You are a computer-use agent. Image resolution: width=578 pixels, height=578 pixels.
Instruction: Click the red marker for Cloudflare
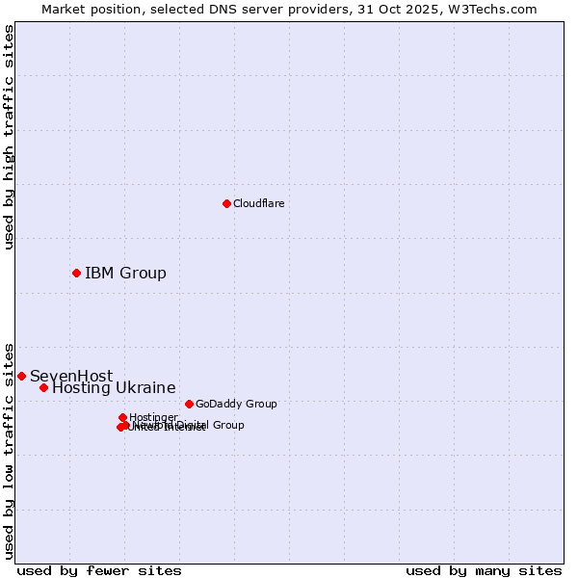pos(226,203)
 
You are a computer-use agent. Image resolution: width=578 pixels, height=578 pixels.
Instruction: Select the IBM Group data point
pos(76,273)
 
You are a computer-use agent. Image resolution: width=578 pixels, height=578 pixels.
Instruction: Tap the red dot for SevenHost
pos(21,376)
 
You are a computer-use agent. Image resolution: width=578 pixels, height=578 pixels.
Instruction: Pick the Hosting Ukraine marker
pos(43,387)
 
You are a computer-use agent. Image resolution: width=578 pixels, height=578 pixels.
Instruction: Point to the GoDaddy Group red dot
pos(189,404)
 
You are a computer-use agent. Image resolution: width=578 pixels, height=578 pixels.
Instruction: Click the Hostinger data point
pos(123,417)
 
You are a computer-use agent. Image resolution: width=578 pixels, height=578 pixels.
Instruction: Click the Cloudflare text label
pos(258,203)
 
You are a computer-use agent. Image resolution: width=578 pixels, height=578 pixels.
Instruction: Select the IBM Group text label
pos(125,273)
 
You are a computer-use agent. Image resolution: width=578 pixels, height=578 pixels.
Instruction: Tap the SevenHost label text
pos(71,376)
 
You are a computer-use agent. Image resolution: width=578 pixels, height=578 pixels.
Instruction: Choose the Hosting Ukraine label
pos(114,387)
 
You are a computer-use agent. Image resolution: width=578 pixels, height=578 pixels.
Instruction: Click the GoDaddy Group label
pos(236,404)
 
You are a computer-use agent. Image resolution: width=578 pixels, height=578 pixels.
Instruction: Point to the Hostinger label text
pos(153,417)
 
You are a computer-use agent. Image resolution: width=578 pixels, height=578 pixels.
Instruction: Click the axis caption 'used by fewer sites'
pos(99,570)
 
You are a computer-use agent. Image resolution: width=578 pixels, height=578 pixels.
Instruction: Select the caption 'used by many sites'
pos(484,570)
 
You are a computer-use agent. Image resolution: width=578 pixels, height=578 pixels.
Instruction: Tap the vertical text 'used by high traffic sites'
pos(10,137)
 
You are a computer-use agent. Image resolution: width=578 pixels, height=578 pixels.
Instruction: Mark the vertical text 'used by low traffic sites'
pos(10,450)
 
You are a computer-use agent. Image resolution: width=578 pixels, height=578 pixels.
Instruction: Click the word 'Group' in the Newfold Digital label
pos(227,425)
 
